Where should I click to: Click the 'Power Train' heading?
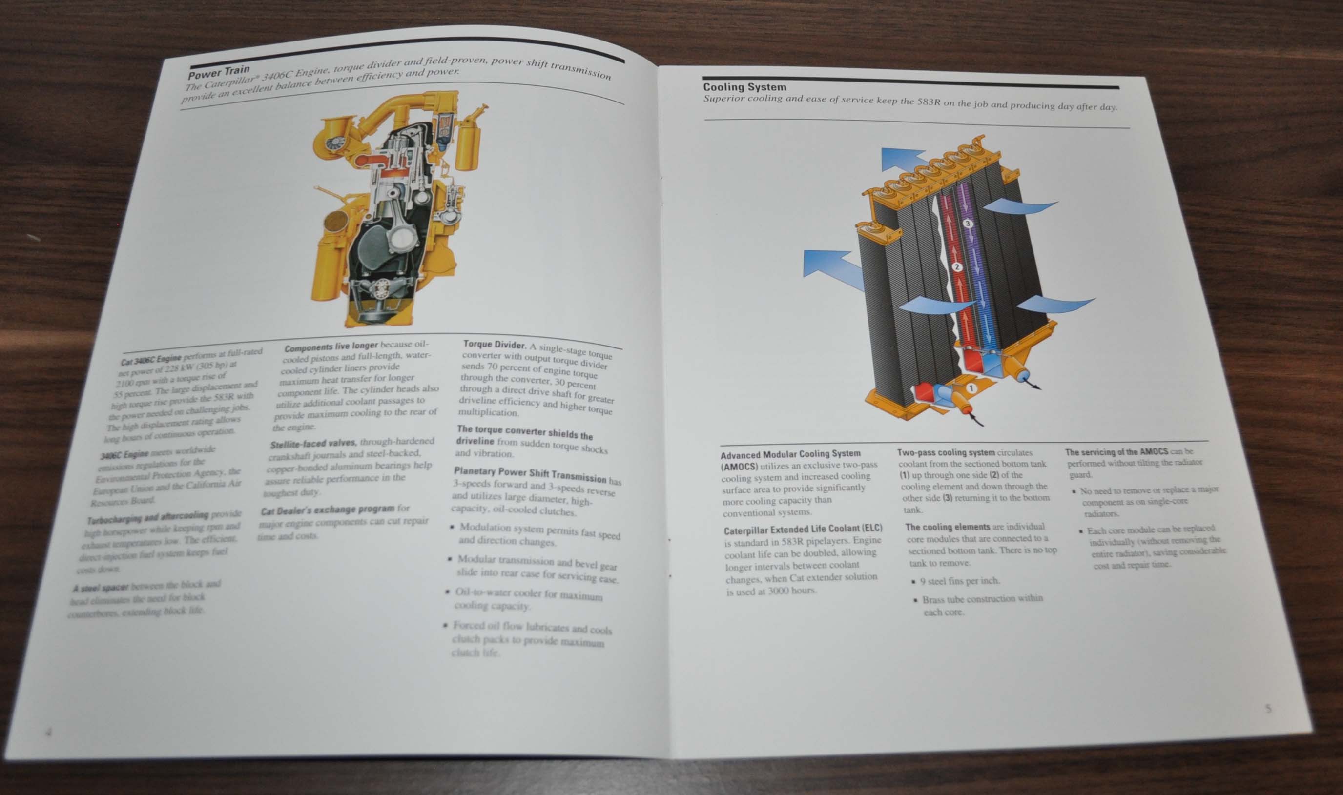pos(219,73)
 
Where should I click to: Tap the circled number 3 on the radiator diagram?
pos(967,224)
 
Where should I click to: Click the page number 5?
pos(1268,709)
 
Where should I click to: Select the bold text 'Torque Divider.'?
pos(495,344)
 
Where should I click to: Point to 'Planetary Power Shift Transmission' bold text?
pos(530,473)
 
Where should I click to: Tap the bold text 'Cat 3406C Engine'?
pos(151,360)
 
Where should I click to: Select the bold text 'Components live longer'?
pos(331,347)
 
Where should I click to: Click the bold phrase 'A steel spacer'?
pos(100,588)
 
